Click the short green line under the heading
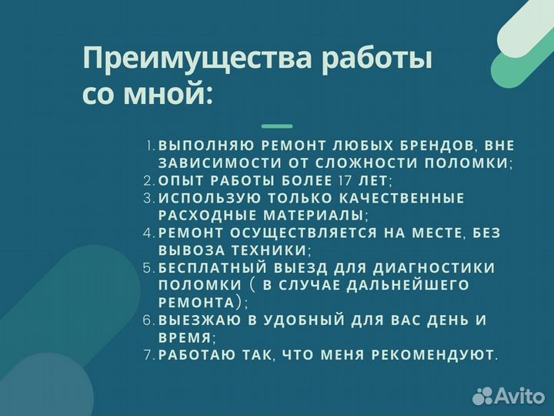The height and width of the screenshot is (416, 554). tap(277, 126)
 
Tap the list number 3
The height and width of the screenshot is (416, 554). tap(149, 198)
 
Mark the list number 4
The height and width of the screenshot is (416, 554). tap(149, 233)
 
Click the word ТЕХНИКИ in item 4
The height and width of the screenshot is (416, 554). tap(262, 250)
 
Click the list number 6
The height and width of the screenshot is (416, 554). tap(149, 320)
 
